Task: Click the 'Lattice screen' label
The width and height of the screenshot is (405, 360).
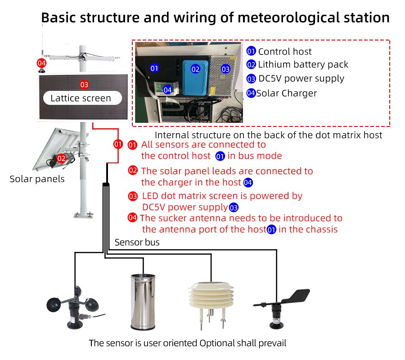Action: coord(81,98)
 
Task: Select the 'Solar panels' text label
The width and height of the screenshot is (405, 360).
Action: coord(37,179)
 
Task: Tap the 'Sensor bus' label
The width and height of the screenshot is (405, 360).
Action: coord(137,243)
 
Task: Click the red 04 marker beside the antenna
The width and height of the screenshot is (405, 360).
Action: coord(41,63)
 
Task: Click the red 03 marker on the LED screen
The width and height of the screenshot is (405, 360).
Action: coord(84,85)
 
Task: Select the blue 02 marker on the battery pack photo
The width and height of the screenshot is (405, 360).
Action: coord(195,69)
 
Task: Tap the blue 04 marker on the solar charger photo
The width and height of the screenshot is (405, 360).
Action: coord(167,90)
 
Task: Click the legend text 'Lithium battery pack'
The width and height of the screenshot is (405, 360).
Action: coord(303,65)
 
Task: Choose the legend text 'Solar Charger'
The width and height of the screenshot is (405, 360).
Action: coord(287,94)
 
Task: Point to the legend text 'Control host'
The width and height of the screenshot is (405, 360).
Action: coord(284,52)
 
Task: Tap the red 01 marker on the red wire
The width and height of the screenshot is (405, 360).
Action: coord(118,144)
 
